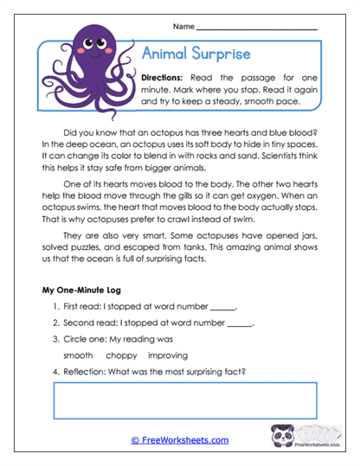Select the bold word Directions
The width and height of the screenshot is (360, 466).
click(x=167, y=78)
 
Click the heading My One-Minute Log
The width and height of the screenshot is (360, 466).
click(x=80, y=289)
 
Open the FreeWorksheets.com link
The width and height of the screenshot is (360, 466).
click(x=180, y=440)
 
